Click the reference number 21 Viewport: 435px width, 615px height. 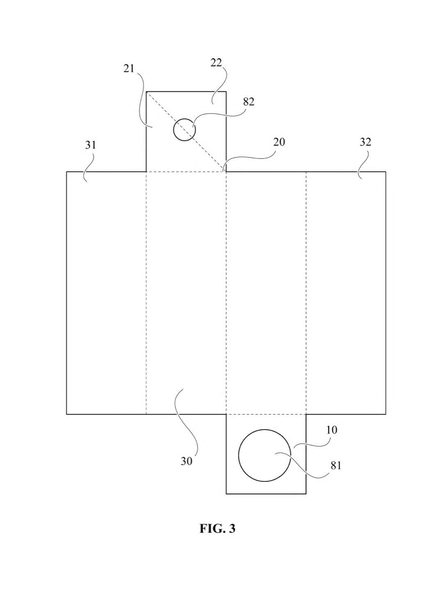[x=128, y=68]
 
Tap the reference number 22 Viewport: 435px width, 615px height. [x=216, y=63]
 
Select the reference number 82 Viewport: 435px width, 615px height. [x=249, y=102]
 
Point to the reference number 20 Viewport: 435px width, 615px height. [x=279, y=142]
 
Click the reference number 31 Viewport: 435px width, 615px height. [x=91, y=145]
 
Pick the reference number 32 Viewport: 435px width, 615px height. [x=366, y=142]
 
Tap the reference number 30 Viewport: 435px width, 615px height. [x=187, y=461]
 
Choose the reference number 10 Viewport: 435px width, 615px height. [x=332, y=430]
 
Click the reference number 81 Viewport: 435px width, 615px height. [x=336, y=465]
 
